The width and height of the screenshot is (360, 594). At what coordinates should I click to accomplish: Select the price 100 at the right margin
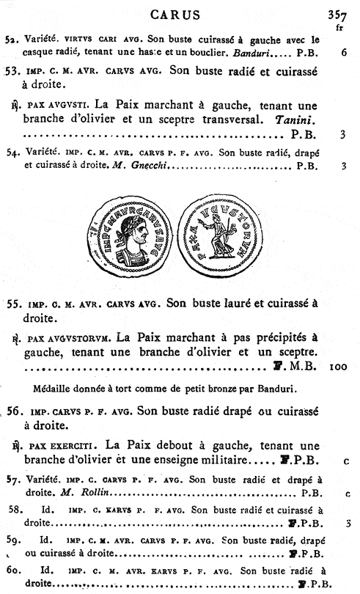coord(338,364)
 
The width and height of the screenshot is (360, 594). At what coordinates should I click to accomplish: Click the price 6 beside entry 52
coord(343,53)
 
